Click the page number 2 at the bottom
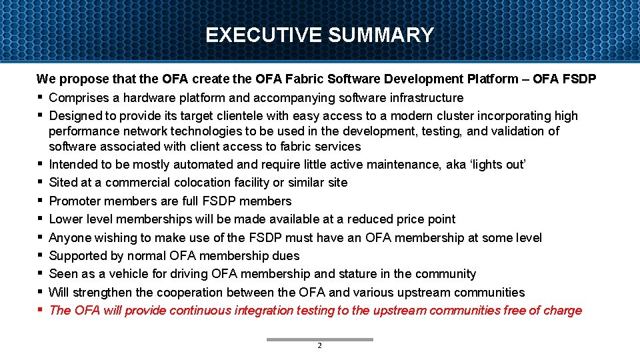coord(319,346)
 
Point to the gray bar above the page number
coord(319,339)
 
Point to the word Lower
coord(65,219)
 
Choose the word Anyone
coord(70,237)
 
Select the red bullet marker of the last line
coord(41,309)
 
